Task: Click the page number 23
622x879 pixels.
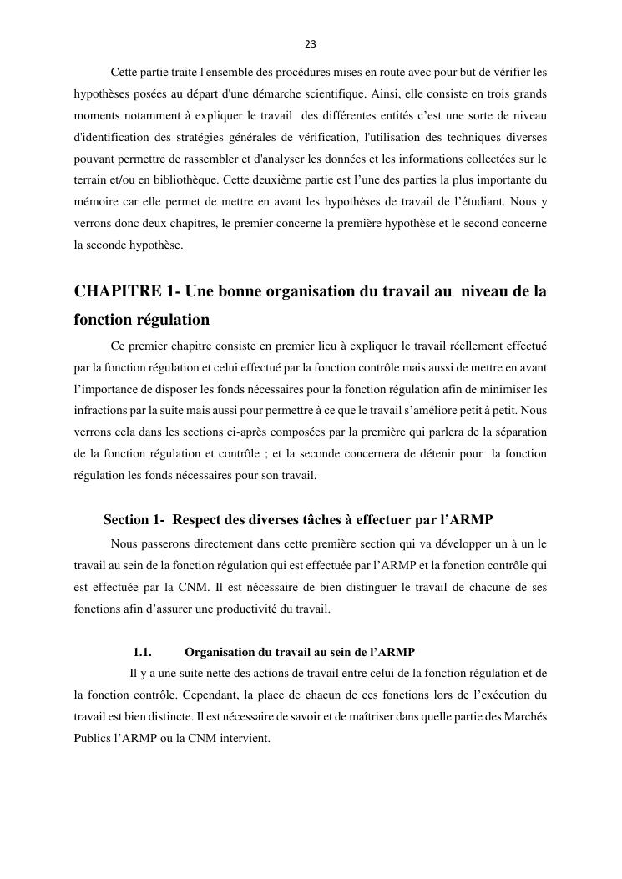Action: pyautogui.click(x=311, y=44)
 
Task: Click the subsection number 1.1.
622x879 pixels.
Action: pyautogui.click(x=142, y=652)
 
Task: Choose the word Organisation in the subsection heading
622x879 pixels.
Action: pyautogui.click(x=221, y=652)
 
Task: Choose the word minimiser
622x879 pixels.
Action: pyautogui.click(x=499, y=389)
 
